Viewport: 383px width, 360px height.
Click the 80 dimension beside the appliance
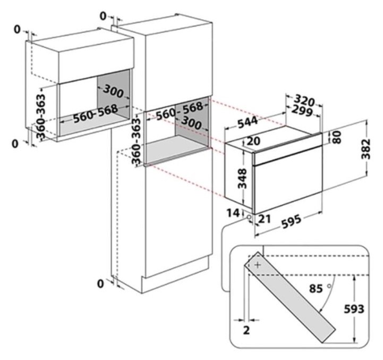coord(336,137)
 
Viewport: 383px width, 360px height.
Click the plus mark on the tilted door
coord(258,264)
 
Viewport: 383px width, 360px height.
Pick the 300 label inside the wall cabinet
coord(113,93)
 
